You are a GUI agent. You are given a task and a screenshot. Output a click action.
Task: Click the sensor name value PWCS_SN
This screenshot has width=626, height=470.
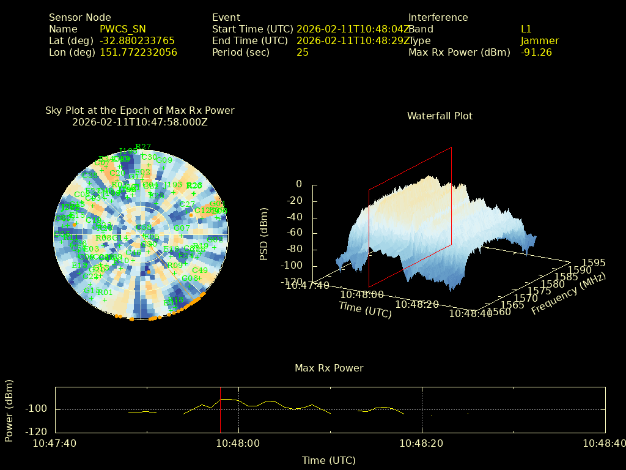(x=123, y=29)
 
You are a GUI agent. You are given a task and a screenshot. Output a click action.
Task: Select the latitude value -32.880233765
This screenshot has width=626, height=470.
(x=137, y=40)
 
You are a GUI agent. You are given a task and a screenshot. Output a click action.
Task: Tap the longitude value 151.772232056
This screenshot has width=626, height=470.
(x=138, y=52)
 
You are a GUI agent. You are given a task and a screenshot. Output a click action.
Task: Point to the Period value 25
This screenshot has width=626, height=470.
(x=303, y=52)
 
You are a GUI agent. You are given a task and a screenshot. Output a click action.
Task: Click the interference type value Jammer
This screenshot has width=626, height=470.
(x=540, y=40)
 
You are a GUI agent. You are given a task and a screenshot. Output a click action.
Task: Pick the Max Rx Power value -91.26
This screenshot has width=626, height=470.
(x=536, y=52)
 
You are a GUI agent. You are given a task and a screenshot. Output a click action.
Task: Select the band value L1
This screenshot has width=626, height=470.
(x=526, y=29)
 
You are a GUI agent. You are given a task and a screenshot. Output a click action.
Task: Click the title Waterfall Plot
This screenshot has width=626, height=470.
(x=440, y=116)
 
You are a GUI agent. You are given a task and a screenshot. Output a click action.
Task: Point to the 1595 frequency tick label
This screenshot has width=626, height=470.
(x=594, y=263)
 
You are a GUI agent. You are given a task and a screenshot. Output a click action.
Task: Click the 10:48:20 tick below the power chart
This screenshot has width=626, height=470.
(x=422, y=443)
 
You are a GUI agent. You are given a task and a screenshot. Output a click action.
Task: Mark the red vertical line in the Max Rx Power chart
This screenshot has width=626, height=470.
(x=221, y=410)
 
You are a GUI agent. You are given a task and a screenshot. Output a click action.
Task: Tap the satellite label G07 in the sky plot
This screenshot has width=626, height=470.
(x=182, y=228)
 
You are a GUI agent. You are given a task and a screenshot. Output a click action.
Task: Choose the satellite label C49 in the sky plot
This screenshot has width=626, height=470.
(x=200, y=270)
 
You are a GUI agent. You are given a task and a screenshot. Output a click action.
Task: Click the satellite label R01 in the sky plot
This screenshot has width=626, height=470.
(x=105, y=292)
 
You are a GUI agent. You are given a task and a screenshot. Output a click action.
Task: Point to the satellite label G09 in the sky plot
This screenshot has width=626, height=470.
(x=164, y=160)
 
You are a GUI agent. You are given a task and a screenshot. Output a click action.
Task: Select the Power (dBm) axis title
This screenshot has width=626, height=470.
(x=9, y=410)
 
